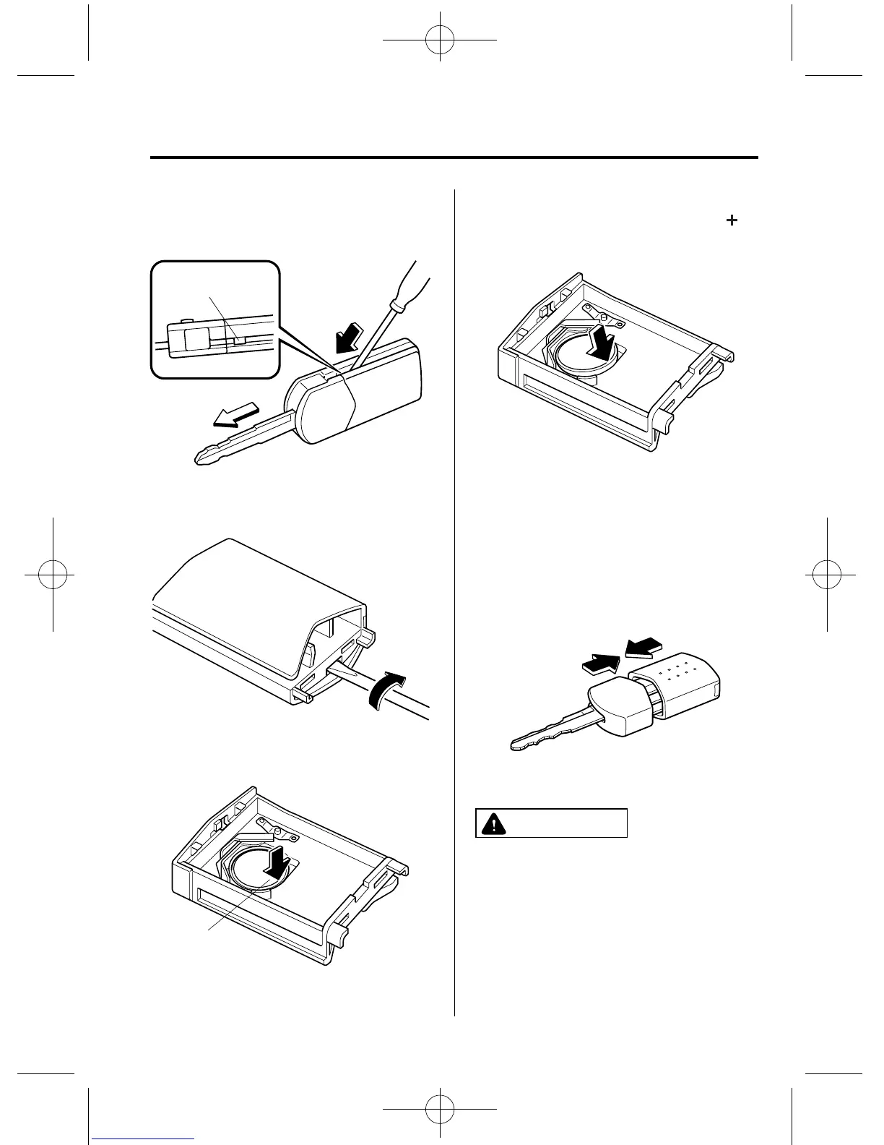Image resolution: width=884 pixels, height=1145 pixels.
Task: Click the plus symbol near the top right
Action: click(x=732, y=221)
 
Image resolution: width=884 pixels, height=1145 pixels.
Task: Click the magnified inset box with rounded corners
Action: click(x=214, y=319)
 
